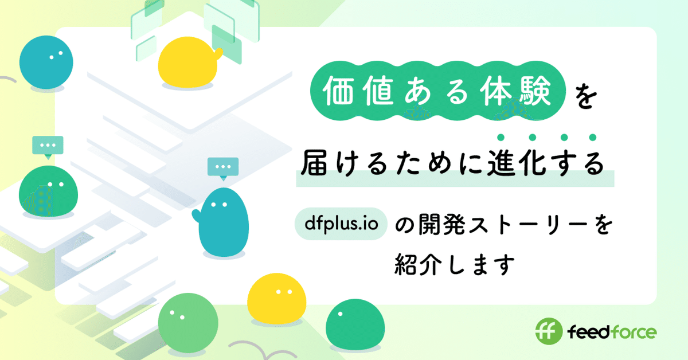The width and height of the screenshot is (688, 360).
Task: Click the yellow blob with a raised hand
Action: pyautogui.click(x=189, y=64)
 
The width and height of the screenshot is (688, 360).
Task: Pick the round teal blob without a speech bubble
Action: pyautogui.click(x=45, y=62)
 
